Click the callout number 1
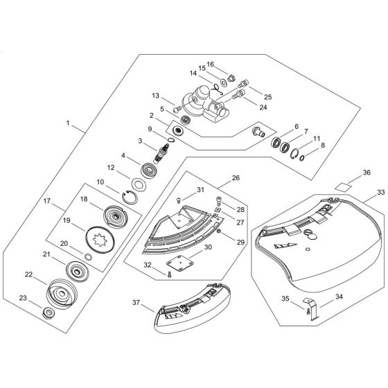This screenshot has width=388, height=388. pos(68,123)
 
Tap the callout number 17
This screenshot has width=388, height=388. pos(48,202)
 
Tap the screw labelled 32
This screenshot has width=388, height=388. pos(168,276)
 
